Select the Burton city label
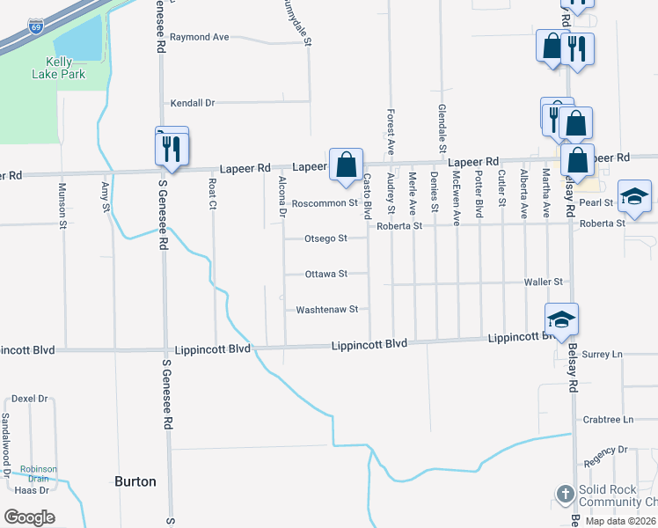(x=135, y=481)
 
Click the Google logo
(x=30, y=517)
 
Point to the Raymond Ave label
(x=199, y=37)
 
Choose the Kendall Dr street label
(x=193, y=103)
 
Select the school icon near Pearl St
(x=633, y=197)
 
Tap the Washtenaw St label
(x=326, y=310)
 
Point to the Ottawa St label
(x=325, y=274)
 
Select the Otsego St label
(x=325, y=238)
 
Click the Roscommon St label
(x=325, y=202)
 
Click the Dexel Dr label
(x=30, y=399)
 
